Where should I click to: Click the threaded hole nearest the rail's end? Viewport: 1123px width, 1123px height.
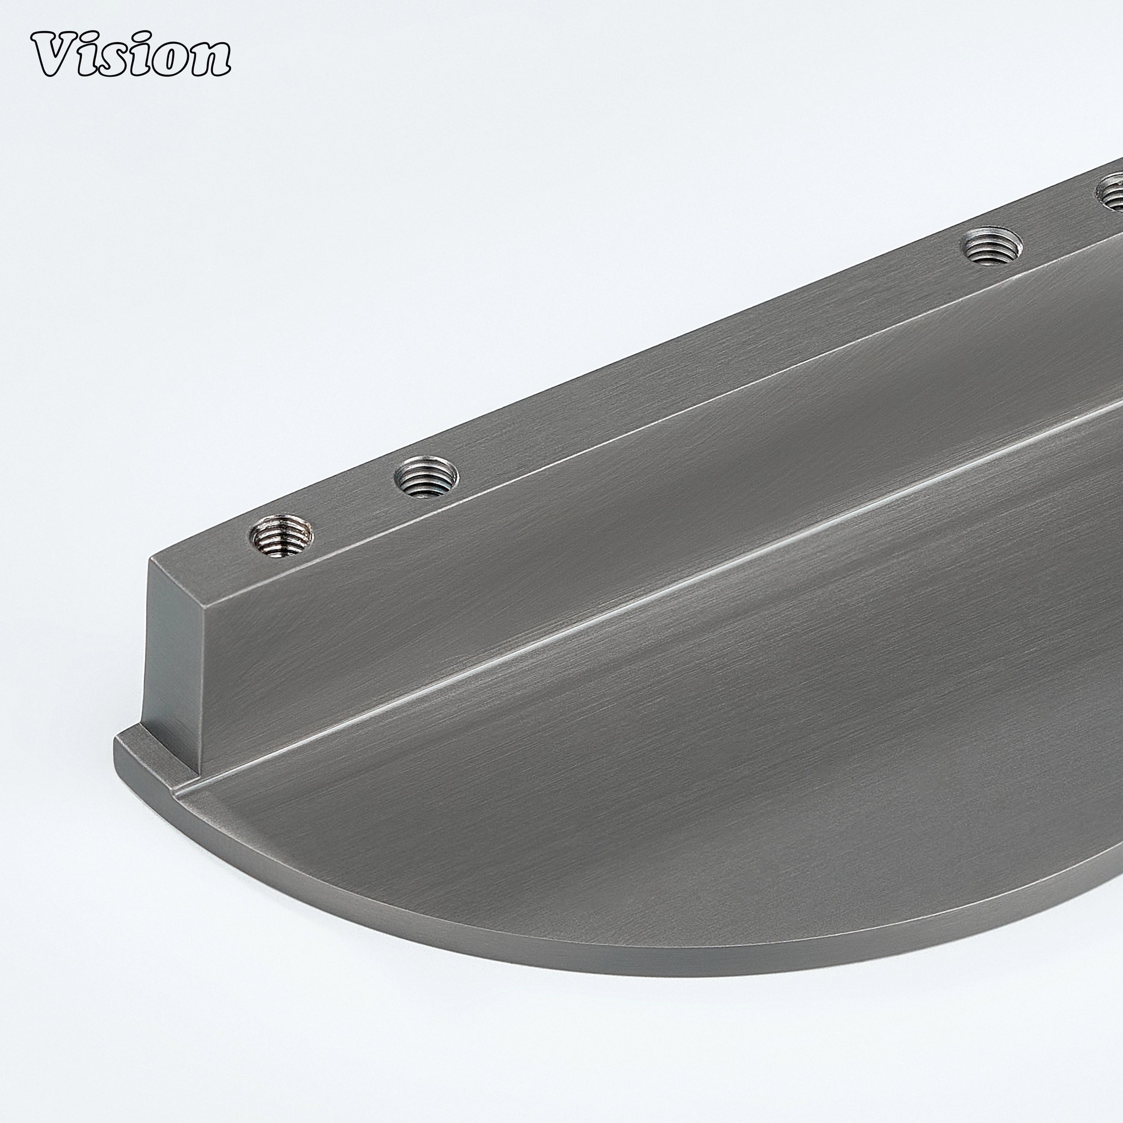282,534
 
